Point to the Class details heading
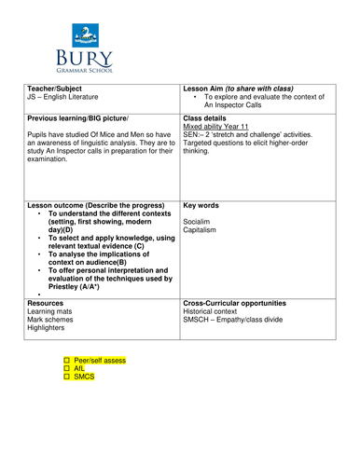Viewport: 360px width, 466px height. (x=210, y=119)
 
